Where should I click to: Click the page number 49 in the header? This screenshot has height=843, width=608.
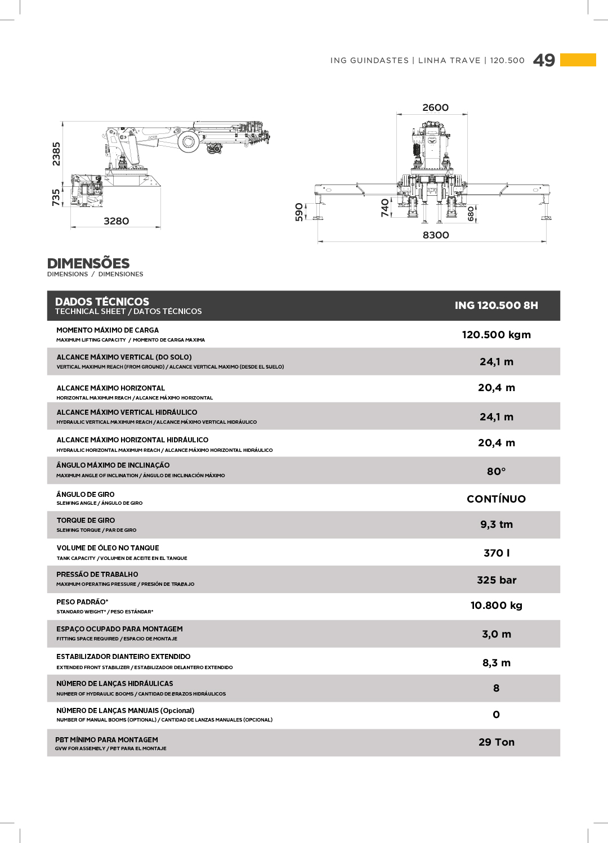(544, 60)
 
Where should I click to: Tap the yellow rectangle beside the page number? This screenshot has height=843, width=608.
(578, 60)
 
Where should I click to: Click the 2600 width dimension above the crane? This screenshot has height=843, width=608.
(436, 107)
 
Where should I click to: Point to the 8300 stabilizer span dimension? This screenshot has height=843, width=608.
(436, 235)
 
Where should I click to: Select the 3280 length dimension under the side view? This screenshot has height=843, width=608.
(117, 221)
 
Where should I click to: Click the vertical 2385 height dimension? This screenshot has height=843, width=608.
(56, 154)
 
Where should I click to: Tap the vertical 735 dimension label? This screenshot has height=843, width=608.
(56, 198)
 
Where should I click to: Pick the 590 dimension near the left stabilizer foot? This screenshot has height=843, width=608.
(299, 212)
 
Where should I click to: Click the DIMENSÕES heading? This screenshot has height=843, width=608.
(88, 263)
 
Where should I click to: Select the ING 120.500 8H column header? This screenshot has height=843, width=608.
(496, 306)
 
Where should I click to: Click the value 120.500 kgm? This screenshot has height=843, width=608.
(496, 335)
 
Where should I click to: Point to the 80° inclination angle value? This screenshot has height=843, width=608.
(496, 472)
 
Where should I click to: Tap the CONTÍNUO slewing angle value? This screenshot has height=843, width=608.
(496, 499)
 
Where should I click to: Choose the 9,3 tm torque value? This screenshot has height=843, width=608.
(496, 524)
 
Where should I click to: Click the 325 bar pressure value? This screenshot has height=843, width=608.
(496, 580)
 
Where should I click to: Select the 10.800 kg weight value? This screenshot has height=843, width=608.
(496, 606)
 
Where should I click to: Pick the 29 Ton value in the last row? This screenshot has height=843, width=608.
(496, 742)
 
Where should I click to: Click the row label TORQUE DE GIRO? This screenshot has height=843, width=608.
(86, 521)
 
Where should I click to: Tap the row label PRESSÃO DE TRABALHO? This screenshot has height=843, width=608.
(97, 575)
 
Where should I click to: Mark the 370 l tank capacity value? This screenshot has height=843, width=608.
(496, 553)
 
